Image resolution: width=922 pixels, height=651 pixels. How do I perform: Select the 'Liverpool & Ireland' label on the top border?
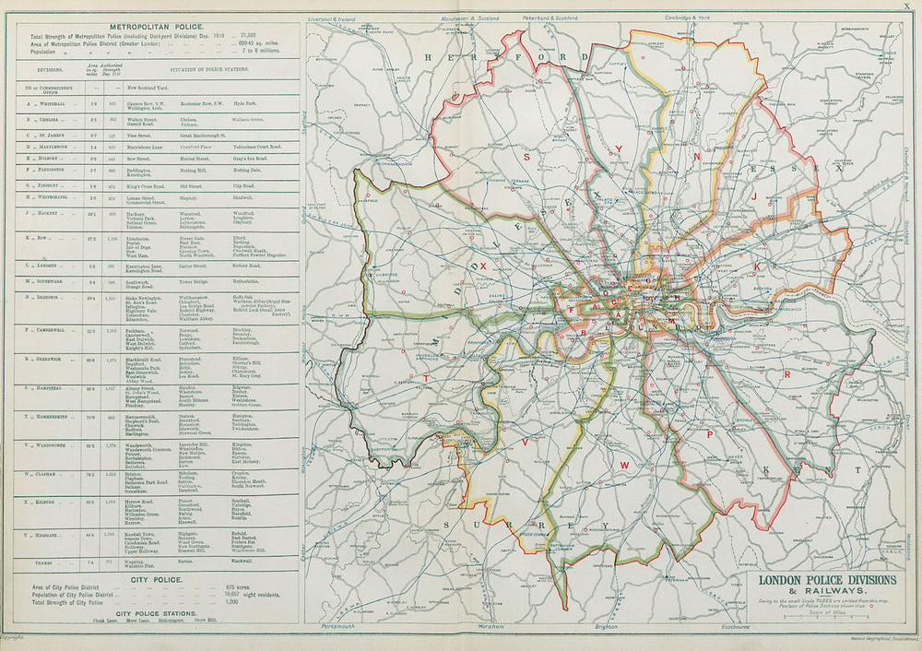click(334, 18)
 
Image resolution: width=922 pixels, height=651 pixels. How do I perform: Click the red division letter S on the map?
click(527, 158)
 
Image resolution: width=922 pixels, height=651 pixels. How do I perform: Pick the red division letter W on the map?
click(624, 466)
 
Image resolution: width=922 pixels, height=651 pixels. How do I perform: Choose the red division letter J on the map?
click(754, 196)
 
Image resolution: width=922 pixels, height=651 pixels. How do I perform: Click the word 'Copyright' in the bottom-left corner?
click(11, 636)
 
